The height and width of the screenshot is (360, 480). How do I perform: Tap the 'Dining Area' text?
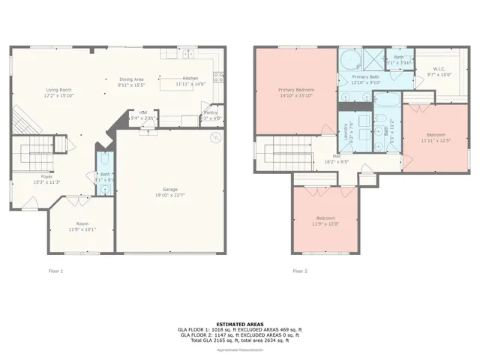pyautogui.click(x=131, y=79)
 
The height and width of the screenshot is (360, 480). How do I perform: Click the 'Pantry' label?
pyautogui.click(x=211, y=113)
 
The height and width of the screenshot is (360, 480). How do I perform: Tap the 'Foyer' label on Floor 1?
pyautogui.click(x=46, y=177)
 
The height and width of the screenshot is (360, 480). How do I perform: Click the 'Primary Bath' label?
pyautogui.click(x=366, y=77)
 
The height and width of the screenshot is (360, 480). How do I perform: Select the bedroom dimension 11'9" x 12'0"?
pyautogui.click(x=325, y=223)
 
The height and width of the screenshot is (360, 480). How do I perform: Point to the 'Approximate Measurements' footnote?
pyautogui.click(x=239, y=350)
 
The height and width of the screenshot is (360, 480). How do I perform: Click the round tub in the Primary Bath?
pyautogui.click(x=349, y=58)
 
